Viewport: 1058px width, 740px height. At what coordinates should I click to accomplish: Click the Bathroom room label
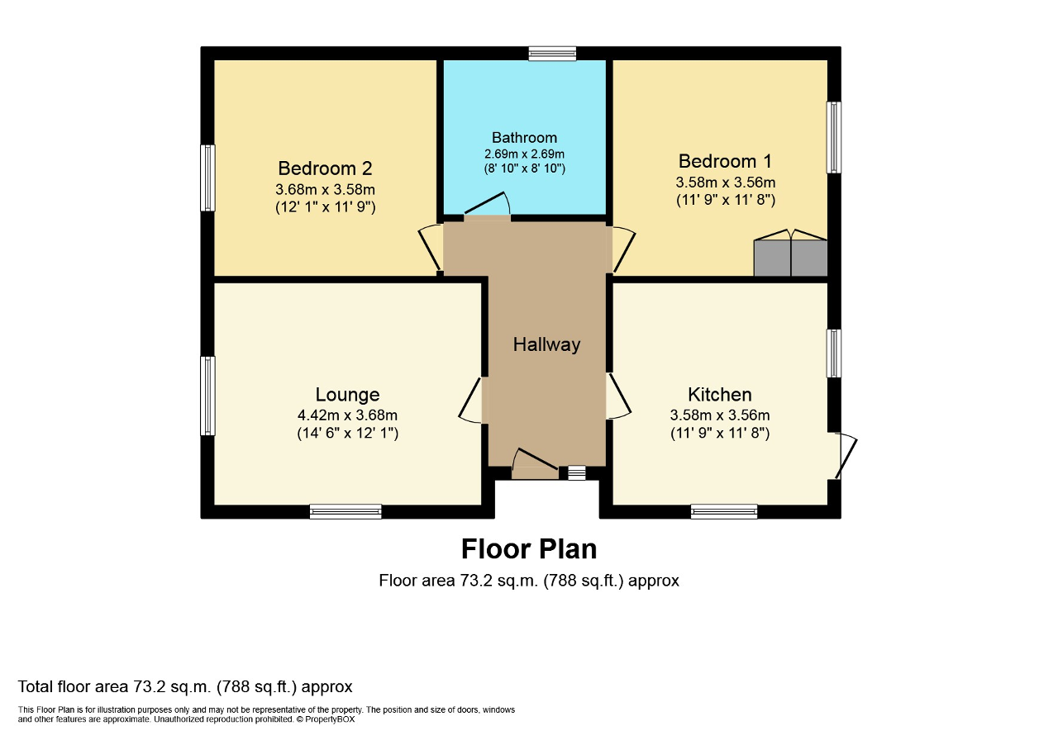(524, 137)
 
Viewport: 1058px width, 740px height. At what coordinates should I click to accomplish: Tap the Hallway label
(546, 344)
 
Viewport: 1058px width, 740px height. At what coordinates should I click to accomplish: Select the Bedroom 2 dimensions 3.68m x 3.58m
(325, 189)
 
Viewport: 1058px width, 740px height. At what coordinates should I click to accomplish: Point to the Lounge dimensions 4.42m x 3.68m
(347, 415)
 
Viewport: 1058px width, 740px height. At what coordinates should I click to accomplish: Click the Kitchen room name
(719, 394)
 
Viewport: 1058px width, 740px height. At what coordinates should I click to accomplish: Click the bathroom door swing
(488, 206)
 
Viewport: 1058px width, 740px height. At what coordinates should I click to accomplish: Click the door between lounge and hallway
(473, 401)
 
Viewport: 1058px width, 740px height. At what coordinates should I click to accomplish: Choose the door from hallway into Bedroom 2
(431, 248)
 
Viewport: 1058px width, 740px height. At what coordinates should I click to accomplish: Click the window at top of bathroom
(552, 54)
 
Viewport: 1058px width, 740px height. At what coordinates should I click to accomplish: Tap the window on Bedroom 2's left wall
(208, 178)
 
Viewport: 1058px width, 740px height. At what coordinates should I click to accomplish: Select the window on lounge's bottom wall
(346, 512)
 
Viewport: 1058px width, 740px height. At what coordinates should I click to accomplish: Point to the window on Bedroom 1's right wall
(834, 137)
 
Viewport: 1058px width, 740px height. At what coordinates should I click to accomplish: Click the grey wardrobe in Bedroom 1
(790, 258)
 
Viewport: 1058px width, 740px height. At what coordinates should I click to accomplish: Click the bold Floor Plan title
(528, 548)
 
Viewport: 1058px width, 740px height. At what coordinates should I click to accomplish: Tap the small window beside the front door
(576, 472)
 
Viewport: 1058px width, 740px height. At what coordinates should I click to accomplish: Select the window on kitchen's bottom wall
(723, 512)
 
